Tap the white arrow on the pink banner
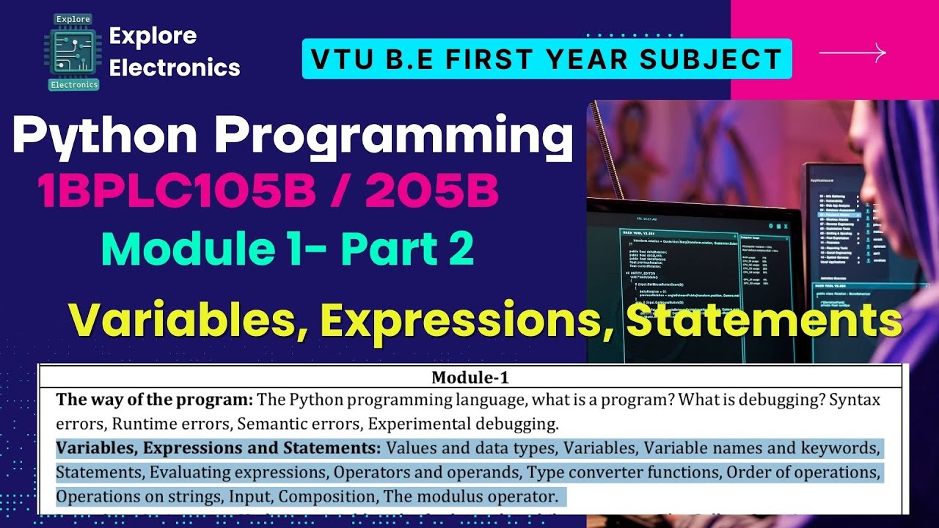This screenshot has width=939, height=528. click(x=852, y=53)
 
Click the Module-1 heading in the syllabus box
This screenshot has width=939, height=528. click(x=469, y=378)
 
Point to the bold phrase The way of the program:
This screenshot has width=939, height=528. click(x=155, y=400)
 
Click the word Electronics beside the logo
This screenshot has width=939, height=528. click(x=175, y=67)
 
